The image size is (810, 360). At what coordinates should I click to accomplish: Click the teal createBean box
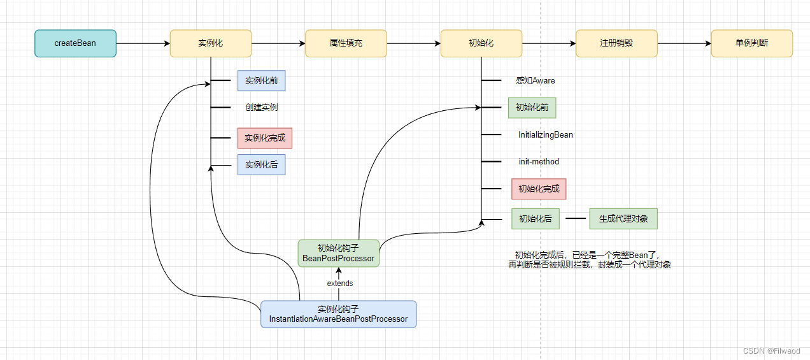pyautogui.click(x=75, y=43)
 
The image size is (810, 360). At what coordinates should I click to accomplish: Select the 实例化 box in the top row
pyautogui.click(x=210, y=43)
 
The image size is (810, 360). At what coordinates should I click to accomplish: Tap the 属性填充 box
pyautogui.click(x=346, y=43)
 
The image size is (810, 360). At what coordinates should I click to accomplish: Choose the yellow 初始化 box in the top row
pyautogui.click(x=481, y=43)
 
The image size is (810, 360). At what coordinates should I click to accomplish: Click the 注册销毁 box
pyautogui.click(x=616, y=43)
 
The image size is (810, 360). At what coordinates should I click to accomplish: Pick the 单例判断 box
pyautogui.click(x=751, y=43)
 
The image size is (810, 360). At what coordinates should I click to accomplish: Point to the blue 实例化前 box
pyautogui.click(x=261, y=81)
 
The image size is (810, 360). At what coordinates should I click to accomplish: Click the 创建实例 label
pyautogui.click(x=261, y=108)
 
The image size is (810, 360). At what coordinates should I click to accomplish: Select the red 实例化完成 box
pyautogui.click(x=265, y=138)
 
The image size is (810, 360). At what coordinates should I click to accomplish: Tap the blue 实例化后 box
pyautogui.click(x=261, y=165)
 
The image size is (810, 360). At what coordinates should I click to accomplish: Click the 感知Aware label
pyautogui.click(x=535, y=81)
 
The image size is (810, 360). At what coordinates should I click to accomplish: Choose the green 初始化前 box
pyautogui.click(x=532, y=108)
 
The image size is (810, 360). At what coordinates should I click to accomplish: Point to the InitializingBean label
pyautogui.click(x=545, y=135)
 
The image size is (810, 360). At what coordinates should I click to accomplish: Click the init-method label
pyautogui.click(x=539, y=162)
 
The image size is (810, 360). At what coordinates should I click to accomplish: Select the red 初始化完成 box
pyautogui.click(x=539, y=189)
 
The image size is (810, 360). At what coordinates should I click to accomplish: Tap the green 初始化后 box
pyautogui.click(x=535, y=219)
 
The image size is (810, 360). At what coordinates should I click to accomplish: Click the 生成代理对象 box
pyautogui.click(x=623, y=219)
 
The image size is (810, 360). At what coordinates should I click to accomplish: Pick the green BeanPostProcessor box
pyautogui.click(x=338, y=253)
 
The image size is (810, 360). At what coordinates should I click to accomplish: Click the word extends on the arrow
pyautogui.click(x=339, y=284)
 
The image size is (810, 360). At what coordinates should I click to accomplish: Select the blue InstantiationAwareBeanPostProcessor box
pyautogui.click(x=338, y=314)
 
